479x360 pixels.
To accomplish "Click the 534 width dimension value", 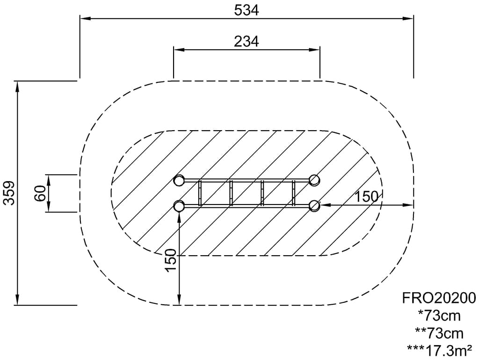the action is pos(247,10).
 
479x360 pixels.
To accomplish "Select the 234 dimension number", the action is pos(247,41).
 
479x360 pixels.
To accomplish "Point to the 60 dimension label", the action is pos(40,193).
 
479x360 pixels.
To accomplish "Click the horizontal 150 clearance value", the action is pos(366,197).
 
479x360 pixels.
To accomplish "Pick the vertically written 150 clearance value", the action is pos(170,260).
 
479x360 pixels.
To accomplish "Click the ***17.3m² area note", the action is pos(440,350).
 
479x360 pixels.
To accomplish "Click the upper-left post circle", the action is pos(179,180).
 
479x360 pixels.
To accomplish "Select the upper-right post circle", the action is pos(314,180).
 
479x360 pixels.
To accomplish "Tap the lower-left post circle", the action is pos(179,206).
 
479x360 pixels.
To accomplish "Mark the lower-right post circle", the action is pos(314,206).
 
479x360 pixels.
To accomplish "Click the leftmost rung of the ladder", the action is pos(200,193).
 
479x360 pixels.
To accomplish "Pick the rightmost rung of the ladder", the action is pos(294,193).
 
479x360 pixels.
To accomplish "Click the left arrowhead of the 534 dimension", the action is pos(85,19).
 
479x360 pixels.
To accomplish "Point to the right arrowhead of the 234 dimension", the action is pos(314,50).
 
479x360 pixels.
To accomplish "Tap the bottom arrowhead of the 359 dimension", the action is pos(17,300).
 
